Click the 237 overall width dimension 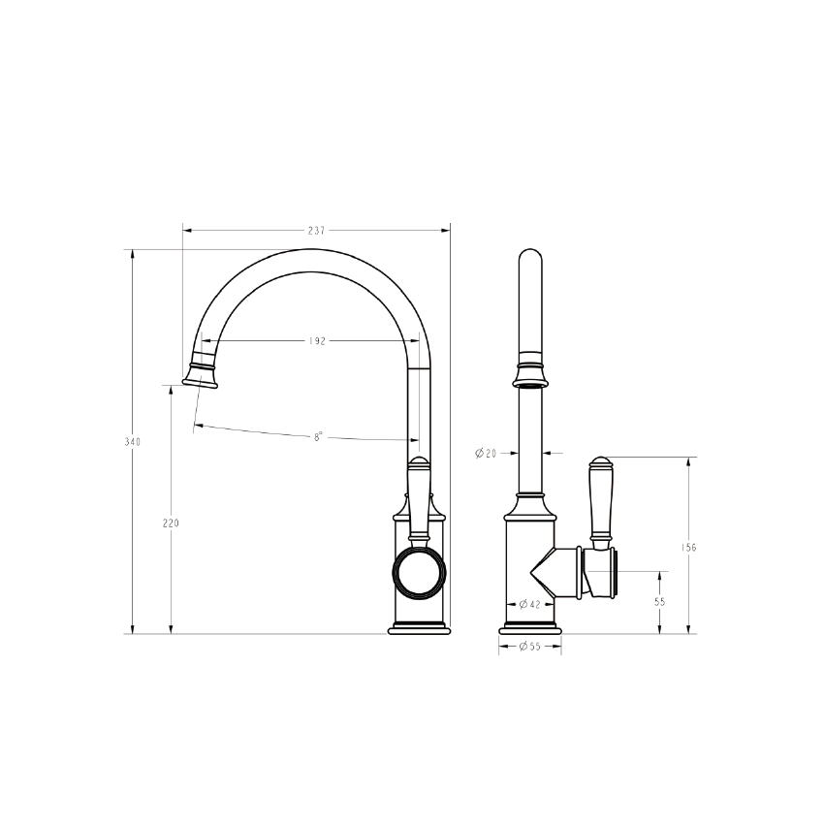click(x=316, y=230)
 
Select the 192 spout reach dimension click(x=317, y=341)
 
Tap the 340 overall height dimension click(x=133, y=442)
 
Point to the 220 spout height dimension click(x=171, y=523)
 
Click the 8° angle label click(x=318, y=436)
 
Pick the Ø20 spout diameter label click(x=486, y=453)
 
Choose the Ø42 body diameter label click(x=529, y=604)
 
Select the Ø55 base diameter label click(x=529, y=647)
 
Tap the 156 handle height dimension click(x=688, y=547)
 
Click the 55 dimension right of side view click(x=660, y=602)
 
